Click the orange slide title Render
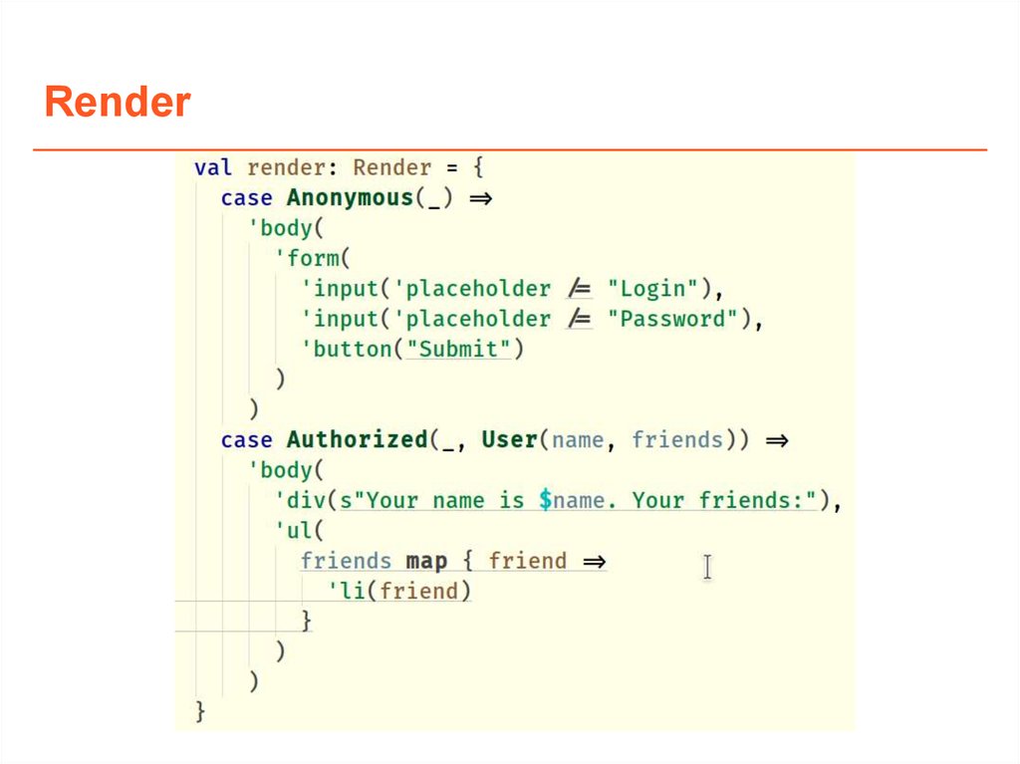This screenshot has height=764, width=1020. coord(118,103)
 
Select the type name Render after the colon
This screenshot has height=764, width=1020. coord(391,168)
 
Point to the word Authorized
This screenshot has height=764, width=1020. coord(356,439)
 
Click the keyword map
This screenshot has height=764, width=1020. coord(426,561)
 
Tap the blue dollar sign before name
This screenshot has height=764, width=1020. coord(545,500)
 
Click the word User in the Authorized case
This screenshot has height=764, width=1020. coord(509,439)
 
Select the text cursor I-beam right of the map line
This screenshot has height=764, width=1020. coord(707,567)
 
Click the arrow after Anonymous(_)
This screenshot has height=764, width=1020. coord(481,198)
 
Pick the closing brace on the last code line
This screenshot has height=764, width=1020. coord(200,711)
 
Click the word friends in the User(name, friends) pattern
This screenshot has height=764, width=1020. coord(677,439)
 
